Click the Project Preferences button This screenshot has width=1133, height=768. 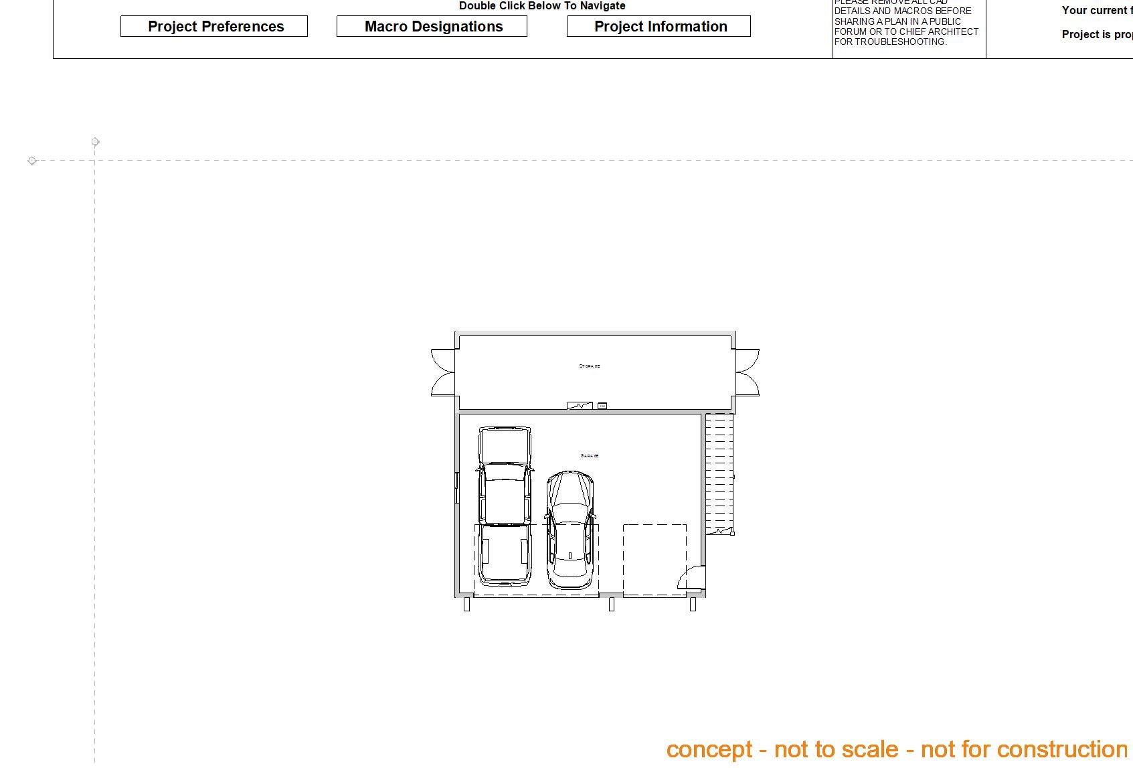pos(214,27)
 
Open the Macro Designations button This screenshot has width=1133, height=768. pos(432,27)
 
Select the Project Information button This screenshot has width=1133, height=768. pos(659,27)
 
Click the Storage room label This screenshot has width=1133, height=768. pos(590,366)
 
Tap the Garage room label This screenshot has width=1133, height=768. pos(590,456)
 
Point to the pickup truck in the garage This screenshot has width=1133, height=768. pos(505,506)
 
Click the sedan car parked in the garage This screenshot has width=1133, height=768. pos(570,529)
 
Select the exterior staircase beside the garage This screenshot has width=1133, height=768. pos(719,472)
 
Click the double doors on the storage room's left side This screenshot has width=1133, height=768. pos(443,372)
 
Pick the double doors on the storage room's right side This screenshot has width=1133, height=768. pos(748,372)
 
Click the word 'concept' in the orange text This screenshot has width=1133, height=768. pos(709,750)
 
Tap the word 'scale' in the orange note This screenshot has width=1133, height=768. pos(869,750)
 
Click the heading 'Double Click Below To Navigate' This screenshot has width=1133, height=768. pos(542,6)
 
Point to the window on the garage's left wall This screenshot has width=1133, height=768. pos(457,487)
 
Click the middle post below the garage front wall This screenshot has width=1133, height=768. pos(612,605)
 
